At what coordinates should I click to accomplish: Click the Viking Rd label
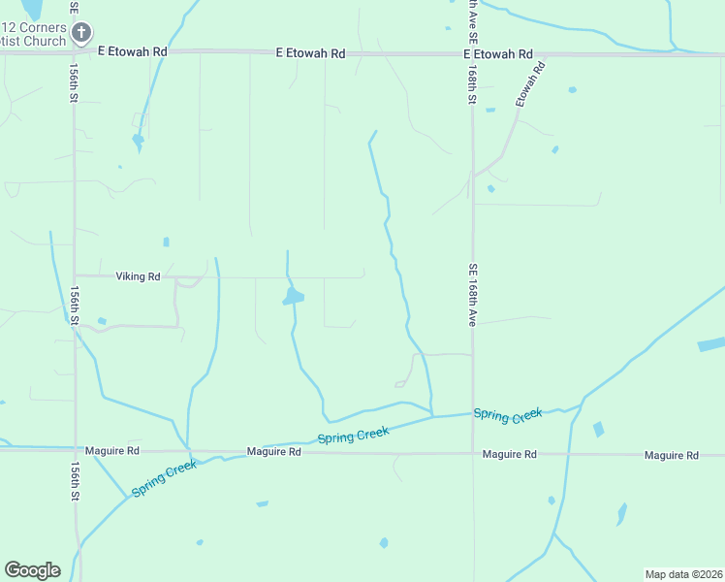pos(138,276)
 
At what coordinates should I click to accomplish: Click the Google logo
pos(32,570)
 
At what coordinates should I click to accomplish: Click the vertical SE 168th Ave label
pos(473,295)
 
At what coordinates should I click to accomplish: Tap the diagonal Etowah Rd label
pos(530,84)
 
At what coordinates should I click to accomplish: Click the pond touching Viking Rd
pos(292,296)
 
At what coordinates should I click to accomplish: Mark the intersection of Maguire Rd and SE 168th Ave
pos(473,453)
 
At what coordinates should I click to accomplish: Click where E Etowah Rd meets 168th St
pos(473,54)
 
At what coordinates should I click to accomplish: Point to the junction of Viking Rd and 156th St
pos(75,275)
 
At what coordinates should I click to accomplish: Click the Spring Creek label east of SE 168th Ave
pos(507,414)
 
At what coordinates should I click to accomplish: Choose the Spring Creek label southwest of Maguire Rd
pos(164,478)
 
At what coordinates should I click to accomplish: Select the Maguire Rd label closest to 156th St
pos(112,451)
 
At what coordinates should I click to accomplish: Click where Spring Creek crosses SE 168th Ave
pos(473,415)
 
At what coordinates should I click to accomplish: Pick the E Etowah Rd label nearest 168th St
pos(497,54)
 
